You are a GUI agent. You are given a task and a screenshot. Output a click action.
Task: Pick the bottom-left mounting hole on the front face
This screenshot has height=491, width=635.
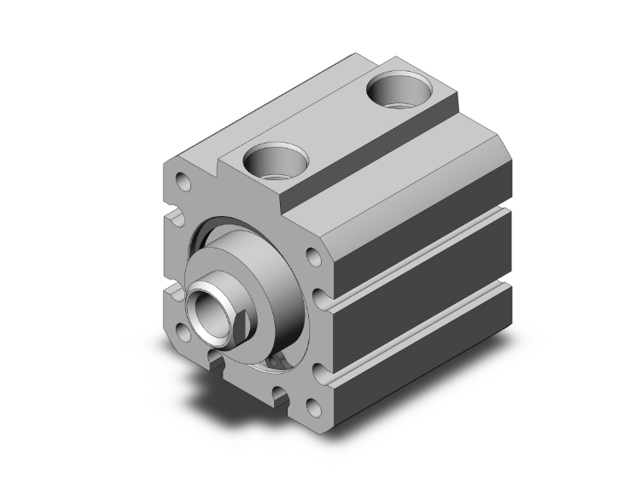pos(181,328)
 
